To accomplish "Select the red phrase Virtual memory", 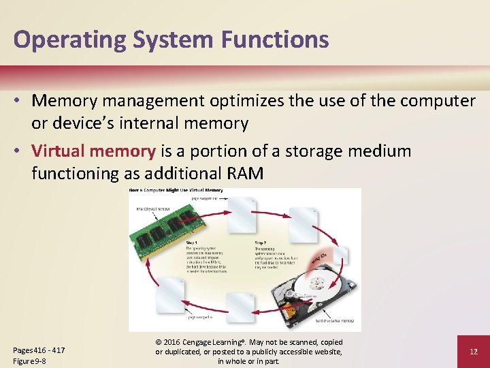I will point(94,151).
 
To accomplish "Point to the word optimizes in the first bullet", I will point(243,101).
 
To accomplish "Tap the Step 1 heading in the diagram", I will point(192,243).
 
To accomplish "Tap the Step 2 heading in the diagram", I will point(261,243).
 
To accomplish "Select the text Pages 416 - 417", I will point(39,350).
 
